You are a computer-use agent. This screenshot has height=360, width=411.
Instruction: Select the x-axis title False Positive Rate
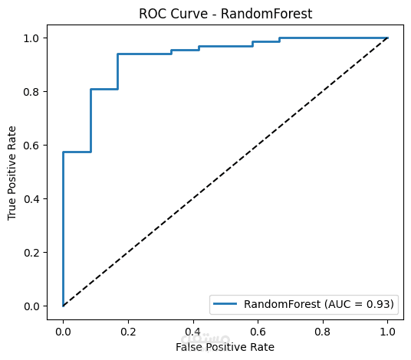tap(225, 347)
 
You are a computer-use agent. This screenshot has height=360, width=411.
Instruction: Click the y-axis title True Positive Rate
tap(12, 172)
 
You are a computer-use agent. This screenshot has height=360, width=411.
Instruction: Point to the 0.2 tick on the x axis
tap(128, 331)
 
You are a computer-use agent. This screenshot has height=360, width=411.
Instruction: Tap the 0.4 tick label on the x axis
tap(192, 331)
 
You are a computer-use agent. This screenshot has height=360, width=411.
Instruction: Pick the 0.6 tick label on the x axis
tap(258, 331)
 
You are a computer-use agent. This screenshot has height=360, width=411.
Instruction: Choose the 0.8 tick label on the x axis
tap(323, 331)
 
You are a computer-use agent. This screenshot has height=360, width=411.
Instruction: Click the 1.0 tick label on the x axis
tap(387, 331)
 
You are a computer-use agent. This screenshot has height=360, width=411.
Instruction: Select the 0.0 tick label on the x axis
tap(63, 331)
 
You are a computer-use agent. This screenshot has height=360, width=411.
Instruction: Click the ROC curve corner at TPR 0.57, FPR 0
tap(63, 152)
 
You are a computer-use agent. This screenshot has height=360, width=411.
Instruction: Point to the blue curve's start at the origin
tap(63, 306)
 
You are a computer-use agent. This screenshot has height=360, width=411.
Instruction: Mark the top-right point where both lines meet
tap(387, 38)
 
